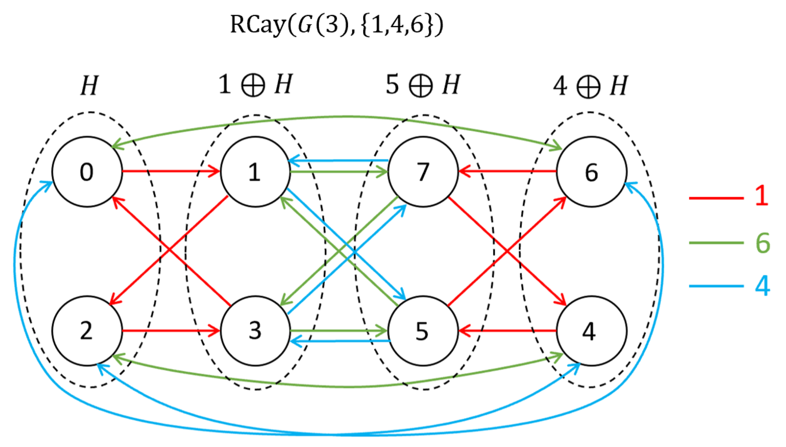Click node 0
pos(87,171)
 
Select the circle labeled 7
pos(423,171)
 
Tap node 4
pos(591,331)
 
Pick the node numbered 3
pos(255,331)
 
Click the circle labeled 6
pos(591,171)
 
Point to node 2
pos(87,331)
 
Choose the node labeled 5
pos(423,331)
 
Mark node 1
pos(255,171)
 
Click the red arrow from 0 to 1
pos(170,171)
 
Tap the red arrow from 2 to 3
pos(170,331)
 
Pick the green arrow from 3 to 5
pos(338,331)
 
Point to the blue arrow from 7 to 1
pos(338,160)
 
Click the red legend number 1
pos(761,195)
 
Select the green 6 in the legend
pos(762,243)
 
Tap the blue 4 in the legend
pos(762,286)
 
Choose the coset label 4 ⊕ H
pos(590,86)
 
